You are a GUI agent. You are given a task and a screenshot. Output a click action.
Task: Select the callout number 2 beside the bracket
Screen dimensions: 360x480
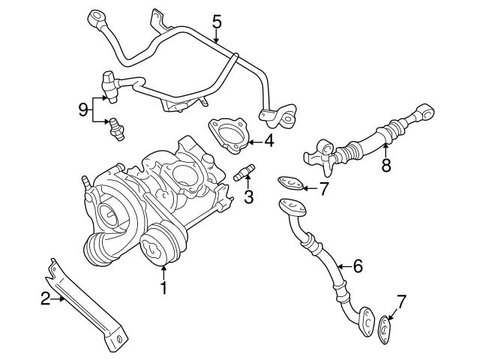[45, 299]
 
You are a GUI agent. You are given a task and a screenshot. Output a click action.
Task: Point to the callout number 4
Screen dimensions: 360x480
[268, 139]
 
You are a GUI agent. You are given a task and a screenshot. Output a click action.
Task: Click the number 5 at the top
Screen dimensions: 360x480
[216, 22]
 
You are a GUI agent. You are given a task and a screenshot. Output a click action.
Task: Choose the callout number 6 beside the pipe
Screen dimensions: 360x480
[357, 265]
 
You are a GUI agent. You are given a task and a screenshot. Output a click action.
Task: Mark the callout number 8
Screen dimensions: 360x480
[385, 165]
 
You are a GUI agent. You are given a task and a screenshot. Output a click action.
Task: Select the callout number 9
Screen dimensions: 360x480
[82, 109]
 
